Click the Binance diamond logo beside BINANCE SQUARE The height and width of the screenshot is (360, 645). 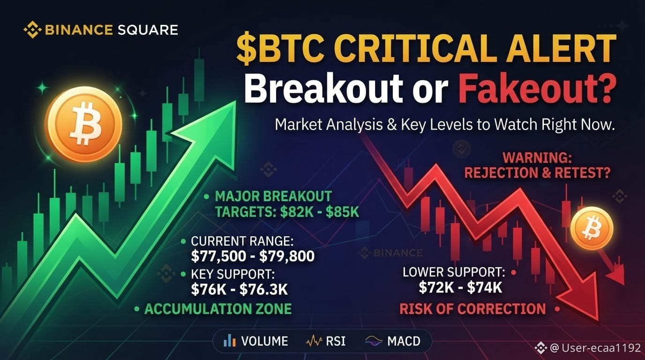[32, 30]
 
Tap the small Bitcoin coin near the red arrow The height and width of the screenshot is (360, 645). [592, 228]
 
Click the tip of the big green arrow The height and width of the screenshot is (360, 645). [235, 101]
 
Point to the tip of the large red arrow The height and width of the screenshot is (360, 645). [598, 322]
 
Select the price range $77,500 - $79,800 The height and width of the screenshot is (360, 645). [253, 256]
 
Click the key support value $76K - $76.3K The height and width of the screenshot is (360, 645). [239, 289]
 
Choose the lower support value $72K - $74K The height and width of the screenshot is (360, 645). [460, 287]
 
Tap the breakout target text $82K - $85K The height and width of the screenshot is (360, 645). [320, 212]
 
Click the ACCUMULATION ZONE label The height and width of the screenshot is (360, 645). [217, 309]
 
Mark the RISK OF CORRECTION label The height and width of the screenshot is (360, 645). [472, 309]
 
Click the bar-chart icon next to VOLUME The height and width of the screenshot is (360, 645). [230, 341]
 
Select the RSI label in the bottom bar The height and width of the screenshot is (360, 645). [336, 341]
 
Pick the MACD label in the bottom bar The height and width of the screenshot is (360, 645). [404, 341]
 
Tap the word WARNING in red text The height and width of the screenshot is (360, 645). [537, 158]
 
